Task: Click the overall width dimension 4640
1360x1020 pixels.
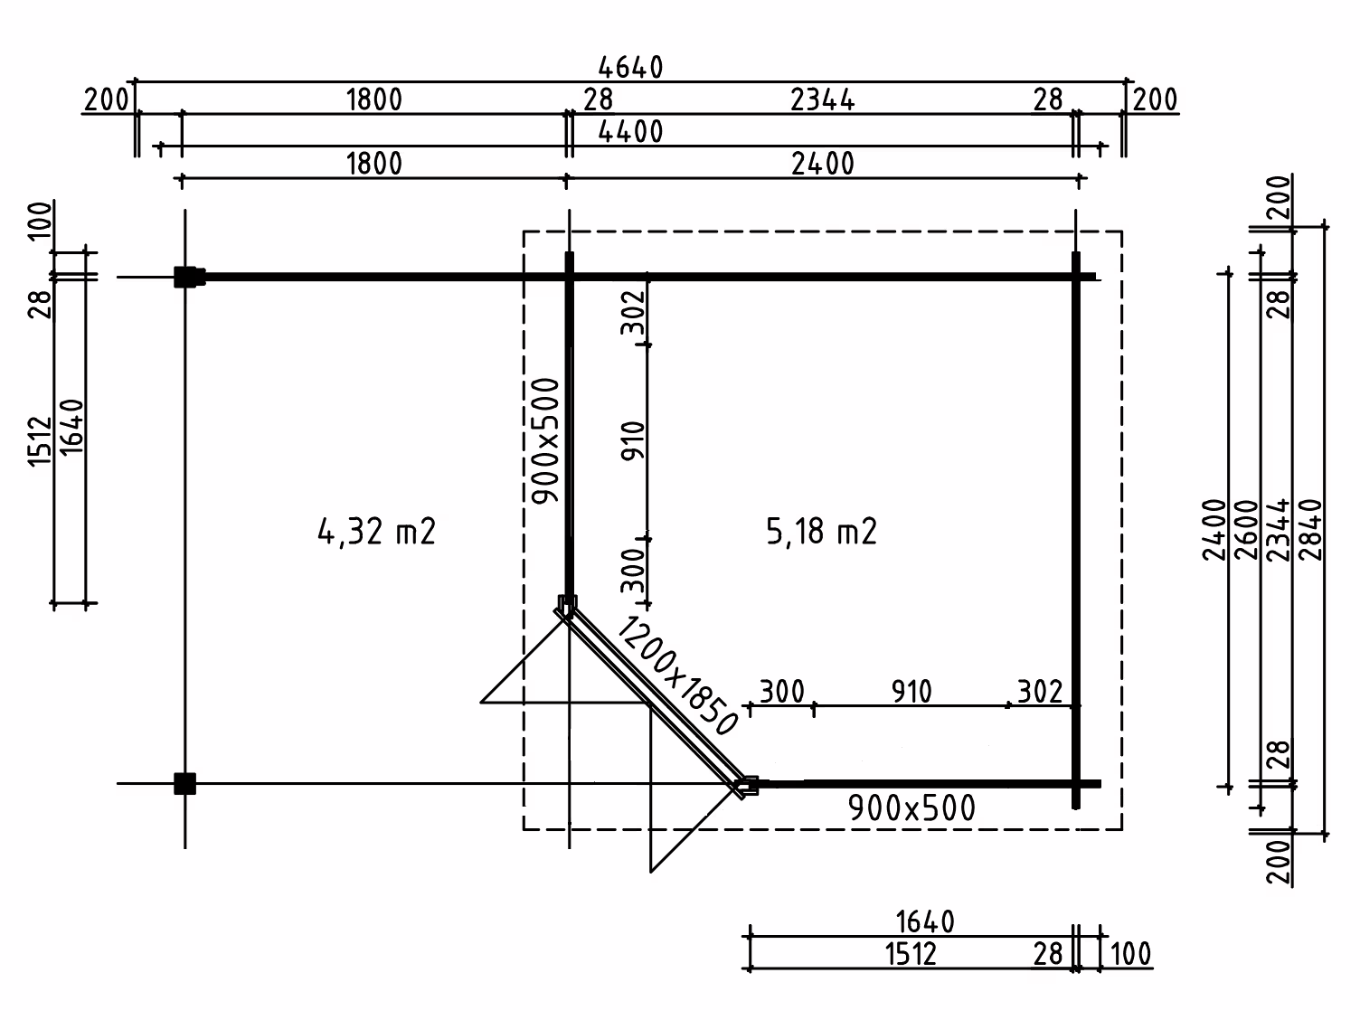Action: [x=631, y=68]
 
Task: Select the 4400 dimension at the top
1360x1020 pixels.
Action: [x=631, y=131]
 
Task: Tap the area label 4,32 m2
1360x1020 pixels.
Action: [x=377, y=532]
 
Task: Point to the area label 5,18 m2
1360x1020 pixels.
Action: [x=822, y=532]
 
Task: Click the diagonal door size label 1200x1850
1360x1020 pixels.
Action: [x=677, y=676]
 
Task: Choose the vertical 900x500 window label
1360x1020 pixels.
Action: [x=546, y=441]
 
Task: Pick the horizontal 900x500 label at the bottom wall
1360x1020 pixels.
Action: [x=911, y=807]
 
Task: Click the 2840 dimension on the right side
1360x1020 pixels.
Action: [x=1310, y=530]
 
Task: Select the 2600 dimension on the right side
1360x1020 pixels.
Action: [x=1247, y=530]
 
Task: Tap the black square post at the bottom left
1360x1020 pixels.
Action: [x=184, y=783]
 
